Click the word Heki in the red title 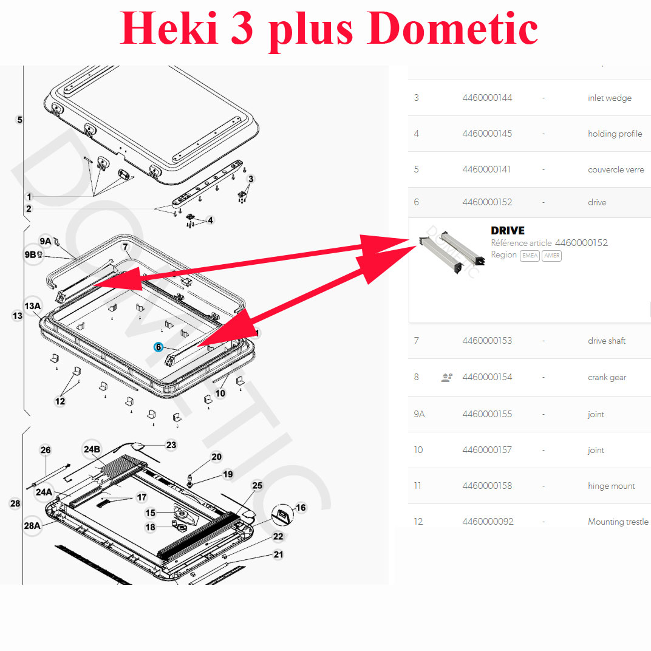pos(169,28)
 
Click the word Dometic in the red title pos(452,28)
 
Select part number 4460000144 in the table pos(487,98)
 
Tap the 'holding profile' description pos(615,134)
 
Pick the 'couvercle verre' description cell pos(616,169)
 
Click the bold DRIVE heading pos(507,230)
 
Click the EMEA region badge pos(530,255)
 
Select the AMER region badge pos(552,255)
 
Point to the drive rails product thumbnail pos(452,251)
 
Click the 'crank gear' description pos(607,377)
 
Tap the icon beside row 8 pos(447,377)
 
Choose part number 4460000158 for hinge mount pos(487,486)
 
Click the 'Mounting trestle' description pos(618,522)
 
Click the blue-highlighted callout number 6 pos(158,347)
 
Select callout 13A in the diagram pos(33,307)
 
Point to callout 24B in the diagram pos(92,449)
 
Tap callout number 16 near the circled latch pos(301,507)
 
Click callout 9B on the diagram pos(30,254)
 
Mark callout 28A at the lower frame pos(32,526)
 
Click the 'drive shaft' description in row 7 pos(607,341)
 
